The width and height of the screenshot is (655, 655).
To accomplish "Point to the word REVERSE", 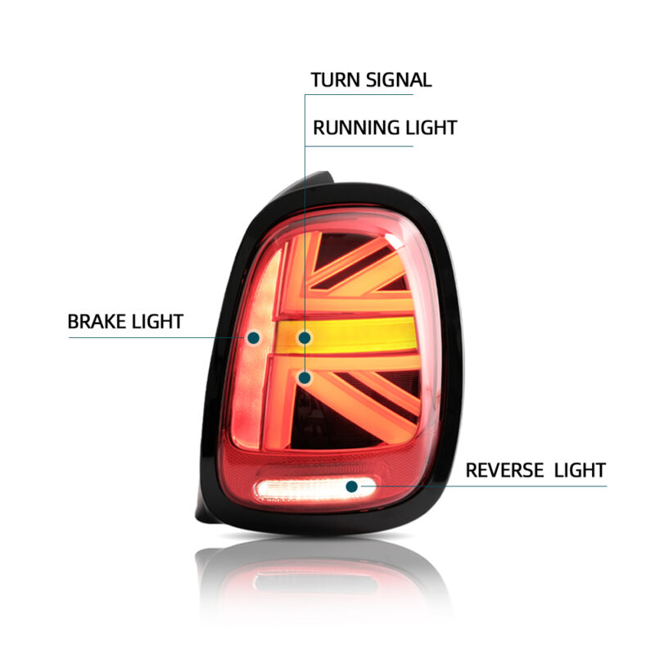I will (x=504, y=470).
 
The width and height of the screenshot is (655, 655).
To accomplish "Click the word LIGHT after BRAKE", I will (x=156, y=322).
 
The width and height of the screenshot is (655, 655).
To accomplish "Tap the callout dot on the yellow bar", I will (x=305, y=337).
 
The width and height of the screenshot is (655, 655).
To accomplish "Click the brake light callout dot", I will (x=254, y=337).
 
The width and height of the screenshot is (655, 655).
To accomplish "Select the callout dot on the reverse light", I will (x=352, y=486).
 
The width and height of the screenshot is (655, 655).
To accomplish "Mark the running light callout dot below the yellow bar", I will (x=305, y=377).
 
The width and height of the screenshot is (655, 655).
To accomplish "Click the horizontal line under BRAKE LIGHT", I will (x=156, y=337).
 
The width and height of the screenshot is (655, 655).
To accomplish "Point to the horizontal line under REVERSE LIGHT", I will (x=491, y=486).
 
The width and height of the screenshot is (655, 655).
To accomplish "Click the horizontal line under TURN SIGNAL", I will (x=368, y=94).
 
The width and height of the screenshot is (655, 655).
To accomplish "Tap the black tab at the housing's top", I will (x=319, y=178).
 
